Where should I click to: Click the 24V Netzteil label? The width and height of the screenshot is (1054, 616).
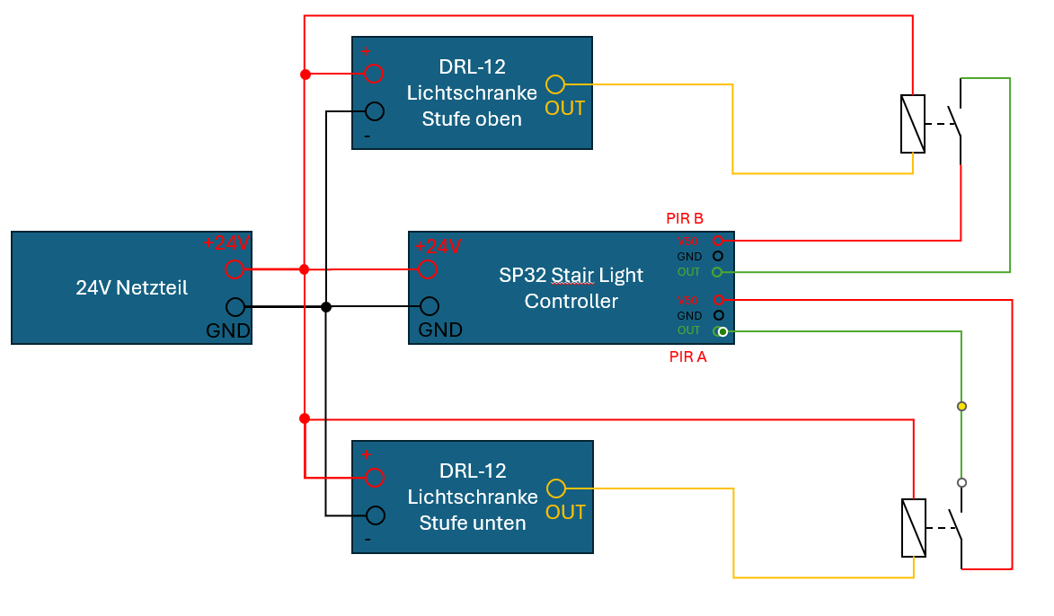[131, 288]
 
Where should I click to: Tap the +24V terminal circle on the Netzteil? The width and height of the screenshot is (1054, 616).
[235, 268]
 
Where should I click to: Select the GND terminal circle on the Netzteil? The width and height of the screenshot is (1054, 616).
[235, 307]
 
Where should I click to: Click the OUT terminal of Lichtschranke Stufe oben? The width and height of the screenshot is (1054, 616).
[555, 84]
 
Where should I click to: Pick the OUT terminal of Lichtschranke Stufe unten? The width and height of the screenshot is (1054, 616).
[556, 488]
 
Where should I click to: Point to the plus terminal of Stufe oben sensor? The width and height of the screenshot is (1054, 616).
[374, 74]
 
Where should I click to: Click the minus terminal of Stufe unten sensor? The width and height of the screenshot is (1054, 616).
[375, 515]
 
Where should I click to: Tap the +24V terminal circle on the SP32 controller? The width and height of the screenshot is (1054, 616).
[429, 268]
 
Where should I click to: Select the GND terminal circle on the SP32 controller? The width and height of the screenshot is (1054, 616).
[430, 306]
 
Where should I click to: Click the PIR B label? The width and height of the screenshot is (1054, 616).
[685, 218]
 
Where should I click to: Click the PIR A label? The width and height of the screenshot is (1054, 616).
[688, 356]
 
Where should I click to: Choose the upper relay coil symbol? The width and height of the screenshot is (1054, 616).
[913, 123]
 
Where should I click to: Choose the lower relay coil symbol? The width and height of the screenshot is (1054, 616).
[914, 527]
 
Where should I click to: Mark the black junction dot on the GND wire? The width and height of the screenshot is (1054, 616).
[326, 307]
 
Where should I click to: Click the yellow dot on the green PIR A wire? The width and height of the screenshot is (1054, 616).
[961, 407]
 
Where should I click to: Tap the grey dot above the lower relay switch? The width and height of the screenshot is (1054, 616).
[961, 482]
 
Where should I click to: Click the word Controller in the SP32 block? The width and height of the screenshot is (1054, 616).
[571, 301]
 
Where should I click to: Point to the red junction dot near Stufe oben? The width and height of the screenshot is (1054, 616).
[305, 74]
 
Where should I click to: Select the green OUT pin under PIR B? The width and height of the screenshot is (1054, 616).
[717, 271]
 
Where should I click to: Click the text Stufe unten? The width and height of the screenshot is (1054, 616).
[473, 522]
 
